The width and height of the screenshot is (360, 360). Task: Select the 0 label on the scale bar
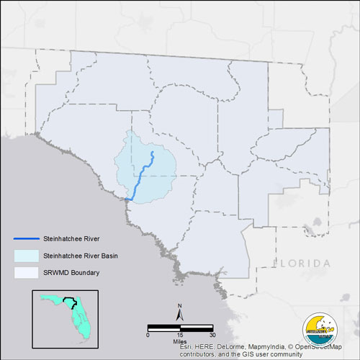point(148,335)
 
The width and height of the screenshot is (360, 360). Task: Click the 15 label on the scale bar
point(180,335)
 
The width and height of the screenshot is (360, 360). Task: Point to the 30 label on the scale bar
point(212,335)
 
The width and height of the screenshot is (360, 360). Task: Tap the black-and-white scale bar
point(180,328)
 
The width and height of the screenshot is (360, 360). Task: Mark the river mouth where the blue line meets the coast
point(127,199)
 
